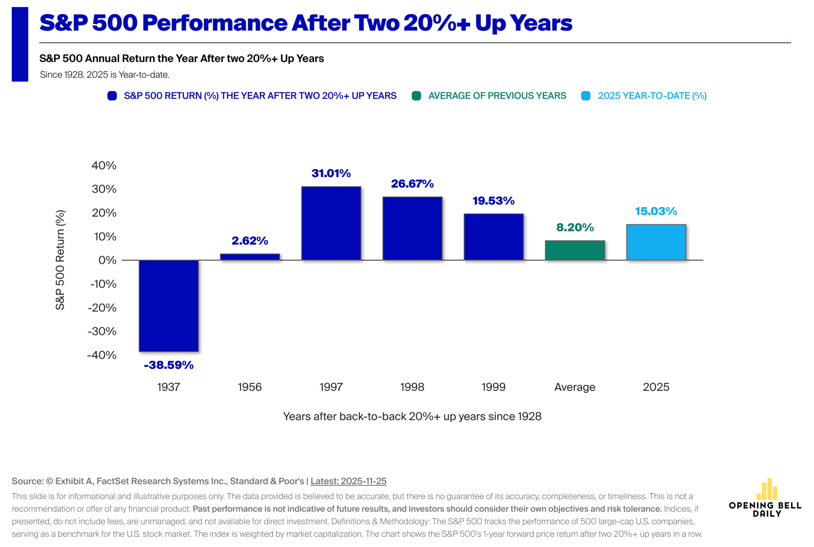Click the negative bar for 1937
[169, 306]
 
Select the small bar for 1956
[250, 257]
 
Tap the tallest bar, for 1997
[331, 223]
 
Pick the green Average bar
[575, 250]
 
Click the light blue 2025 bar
[656, 242]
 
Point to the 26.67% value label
[412, 184]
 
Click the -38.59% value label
[169, 365]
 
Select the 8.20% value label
[575, 227]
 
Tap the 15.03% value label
[656, 211]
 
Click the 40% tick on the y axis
[104, 166]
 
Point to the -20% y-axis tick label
[102, 308]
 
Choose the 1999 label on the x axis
[493, 387]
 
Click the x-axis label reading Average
[575, 387]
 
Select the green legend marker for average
[416, 96]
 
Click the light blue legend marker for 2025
[586, 96]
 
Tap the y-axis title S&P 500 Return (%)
[60, 260]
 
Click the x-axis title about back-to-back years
[412, 416]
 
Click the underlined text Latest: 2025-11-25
[348, 481]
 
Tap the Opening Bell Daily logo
[765, 497]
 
